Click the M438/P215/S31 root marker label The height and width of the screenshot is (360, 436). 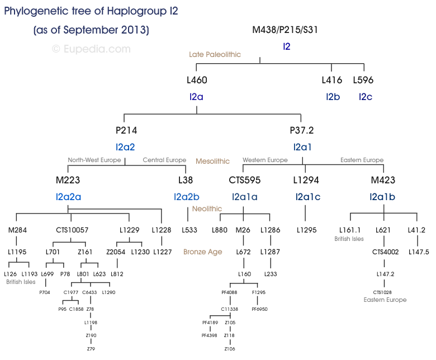(286, 30)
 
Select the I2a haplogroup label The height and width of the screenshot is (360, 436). (196, 97)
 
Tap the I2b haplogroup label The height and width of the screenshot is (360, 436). (333, 97)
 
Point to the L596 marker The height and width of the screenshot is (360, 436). (363, 80)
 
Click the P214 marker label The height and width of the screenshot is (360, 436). (126, 130)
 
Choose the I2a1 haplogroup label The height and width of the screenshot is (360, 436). (302, 147)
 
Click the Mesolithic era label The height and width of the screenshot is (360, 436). (212, 161)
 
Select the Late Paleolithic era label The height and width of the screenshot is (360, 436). (215, 54)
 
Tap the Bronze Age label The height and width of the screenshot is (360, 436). (202, 252)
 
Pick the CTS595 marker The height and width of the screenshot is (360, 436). (244, 180)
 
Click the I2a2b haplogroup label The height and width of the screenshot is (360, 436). (187, 197)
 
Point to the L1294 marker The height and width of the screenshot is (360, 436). (306, 180)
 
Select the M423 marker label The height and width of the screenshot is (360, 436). (383, 180)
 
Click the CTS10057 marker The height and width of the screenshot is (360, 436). (72, 230)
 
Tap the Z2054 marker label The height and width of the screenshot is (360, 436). (116, 252)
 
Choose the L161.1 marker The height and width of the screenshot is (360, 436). (350, 230)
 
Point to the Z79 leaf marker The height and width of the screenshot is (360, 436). (91, 348)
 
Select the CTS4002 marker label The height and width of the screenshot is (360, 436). (385, 252)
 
